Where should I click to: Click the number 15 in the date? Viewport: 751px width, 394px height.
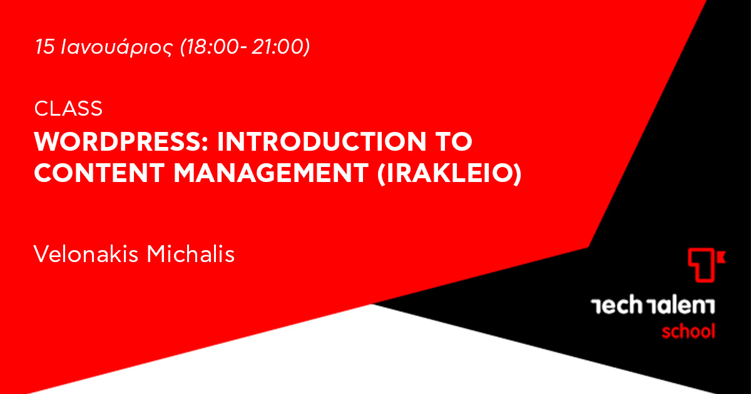coord(44,46)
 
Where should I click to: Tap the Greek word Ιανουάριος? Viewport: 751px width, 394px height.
coord(117,48)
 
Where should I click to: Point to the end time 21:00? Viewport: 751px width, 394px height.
coord(277,46)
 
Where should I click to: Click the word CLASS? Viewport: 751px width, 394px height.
coord(68,109)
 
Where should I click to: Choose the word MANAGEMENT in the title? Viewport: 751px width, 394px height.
coord(271,173)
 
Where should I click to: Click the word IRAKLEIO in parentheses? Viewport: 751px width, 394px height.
coord(449,173)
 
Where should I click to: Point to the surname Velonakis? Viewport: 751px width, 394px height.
coord(86,254)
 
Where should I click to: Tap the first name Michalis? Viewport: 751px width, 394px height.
coord(191,254)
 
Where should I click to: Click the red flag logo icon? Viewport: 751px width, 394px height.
coord(705,265)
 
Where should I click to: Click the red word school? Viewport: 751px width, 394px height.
coord(688,331)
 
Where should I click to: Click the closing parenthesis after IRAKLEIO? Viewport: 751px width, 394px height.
coord(518,174)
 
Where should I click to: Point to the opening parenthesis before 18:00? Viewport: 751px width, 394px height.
coord(183,48)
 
